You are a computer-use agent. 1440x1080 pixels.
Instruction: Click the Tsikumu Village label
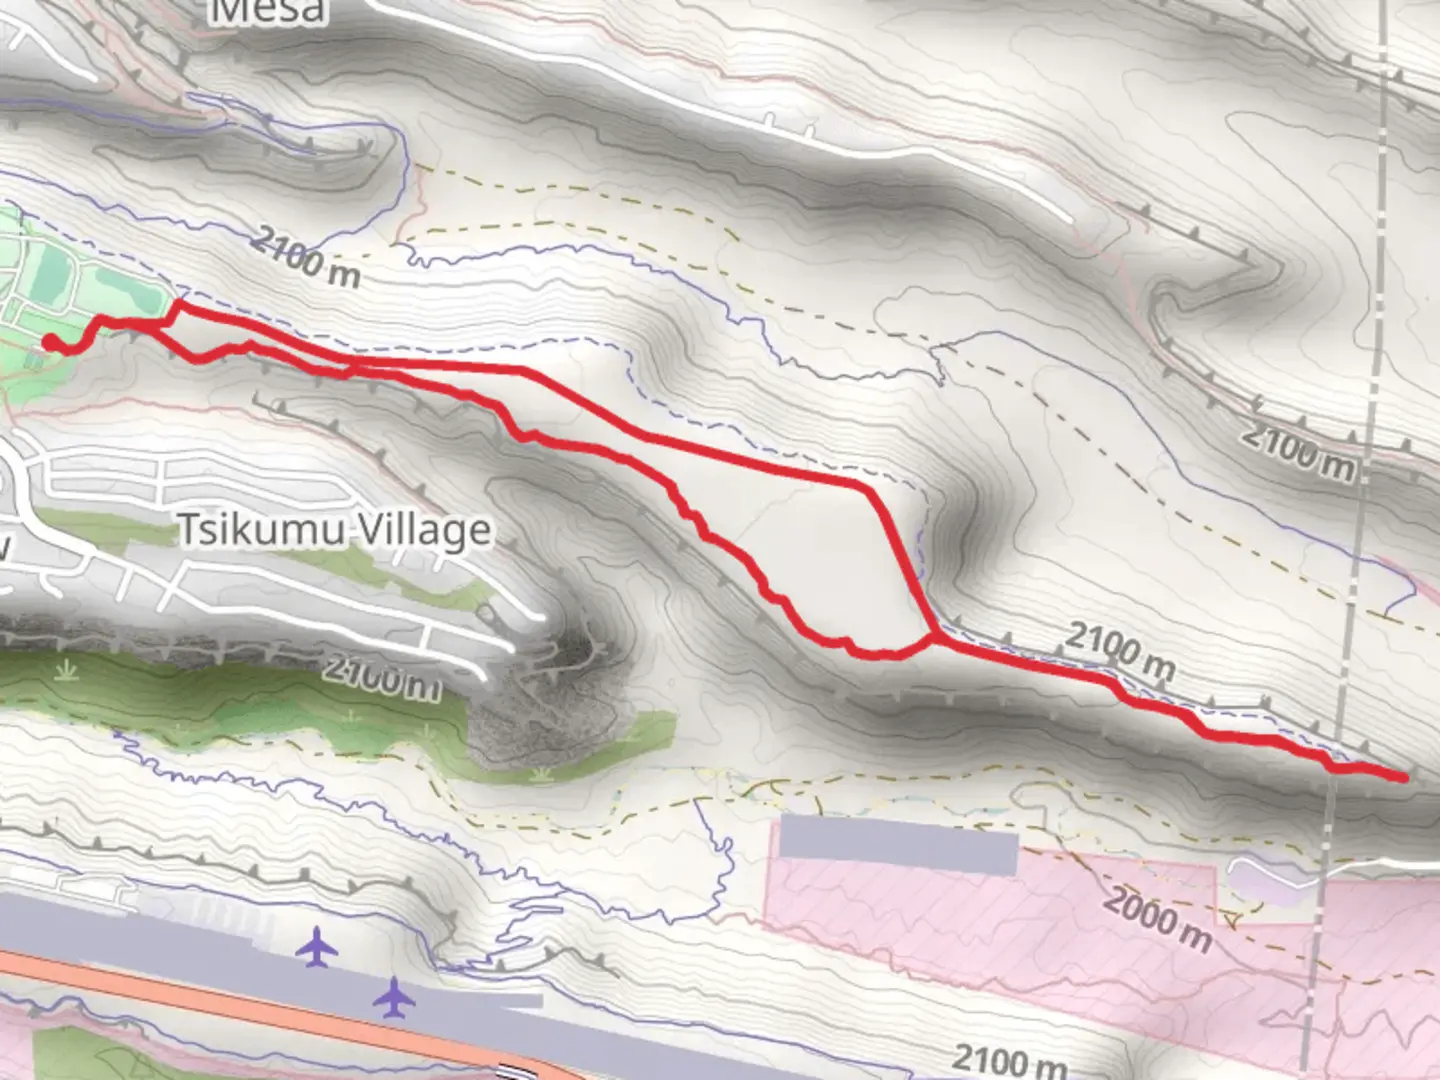tap(334, 530)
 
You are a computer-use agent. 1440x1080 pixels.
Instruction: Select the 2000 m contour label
tap(1157, 918)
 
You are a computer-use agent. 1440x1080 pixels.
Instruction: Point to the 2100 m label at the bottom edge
tap(1008, 1060)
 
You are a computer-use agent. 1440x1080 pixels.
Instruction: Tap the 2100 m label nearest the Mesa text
tap(305, 257)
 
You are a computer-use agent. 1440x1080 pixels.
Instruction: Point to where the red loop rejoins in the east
tap(935, 637)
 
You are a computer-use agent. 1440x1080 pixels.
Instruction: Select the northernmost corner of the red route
tap(179, 302)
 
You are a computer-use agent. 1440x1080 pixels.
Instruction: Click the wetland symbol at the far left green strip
tap(66, 668)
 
